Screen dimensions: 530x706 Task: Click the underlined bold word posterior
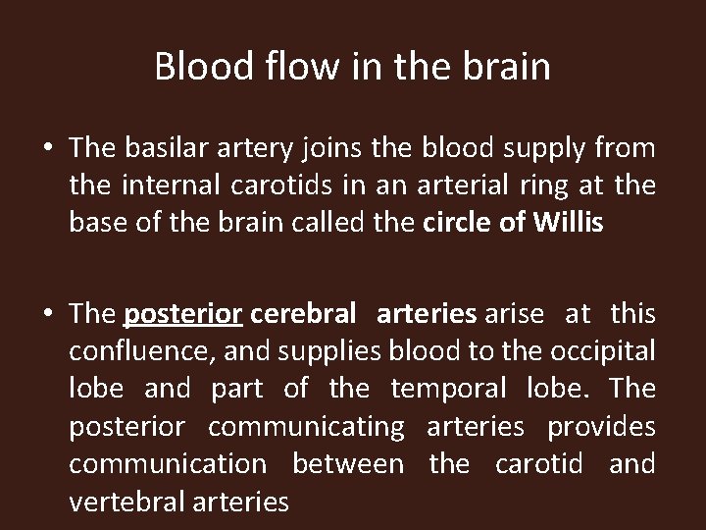click(x=184, y=315)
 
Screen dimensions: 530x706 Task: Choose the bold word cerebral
click(x=303, y=315)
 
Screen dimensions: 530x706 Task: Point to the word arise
click(x=511, y=315)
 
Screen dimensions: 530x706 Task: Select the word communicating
click(x=306, y=427)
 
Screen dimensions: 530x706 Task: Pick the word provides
click(x=601, y=427)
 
